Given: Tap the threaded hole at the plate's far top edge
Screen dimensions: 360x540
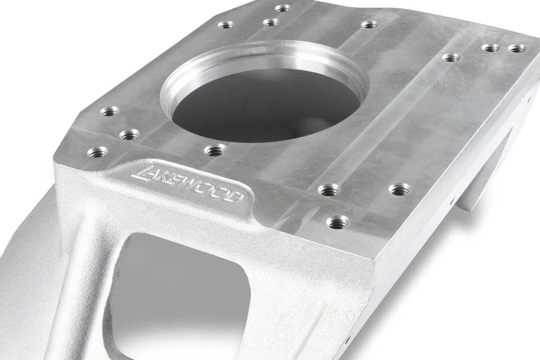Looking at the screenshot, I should coord(282,8).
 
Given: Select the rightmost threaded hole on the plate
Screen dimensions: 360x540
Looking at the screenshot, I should coord(516,49).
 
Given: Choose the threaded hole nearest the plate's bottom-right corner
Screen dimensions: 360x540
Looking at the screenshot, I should coord(337,221).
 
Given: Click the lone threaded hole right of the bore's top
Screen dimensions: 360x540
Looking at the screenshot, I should coord(370,24).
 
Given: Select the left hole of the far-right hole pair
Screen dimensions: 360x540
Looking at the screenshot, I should coord(489,48).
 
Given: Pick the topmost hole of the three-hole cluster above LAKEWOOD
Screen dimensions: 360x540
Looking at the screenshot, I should coord(110,111).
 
